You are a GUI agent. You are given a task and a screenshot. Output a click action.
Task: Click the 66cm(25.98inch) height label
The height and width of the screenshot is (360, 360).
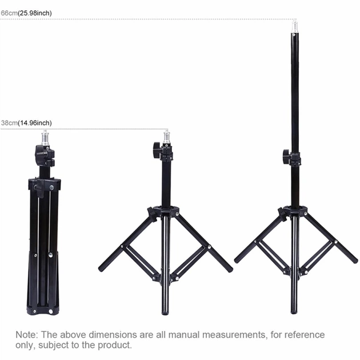(26, 13)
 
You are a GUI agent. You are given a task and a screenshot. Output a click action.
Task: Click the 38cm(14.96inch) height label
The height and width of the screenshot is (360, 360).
(26, 123)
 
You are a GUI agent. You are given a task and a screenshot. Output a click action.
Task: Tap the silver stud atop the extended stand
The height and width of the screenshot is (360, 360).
(294, 27)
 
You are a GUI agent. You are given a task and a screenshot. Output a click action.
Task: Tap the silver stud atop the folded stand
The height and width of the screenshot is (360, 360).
(45, 138)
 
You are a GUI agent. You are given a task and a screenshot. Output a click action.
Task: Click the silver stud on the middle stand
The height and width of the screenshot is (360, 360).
(166, 137)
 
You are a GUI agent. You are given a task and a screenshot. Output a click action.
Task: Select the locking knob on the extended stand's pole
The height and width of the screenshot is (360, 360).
(286, 157)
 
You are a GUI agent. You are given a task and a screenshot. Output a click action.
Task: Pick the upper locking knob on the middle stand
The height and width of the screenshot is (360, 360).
(157, 150)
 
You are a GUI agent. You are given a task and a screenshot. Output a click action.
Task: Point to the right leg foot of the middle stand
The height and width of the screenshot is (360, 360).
(229, 268)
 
